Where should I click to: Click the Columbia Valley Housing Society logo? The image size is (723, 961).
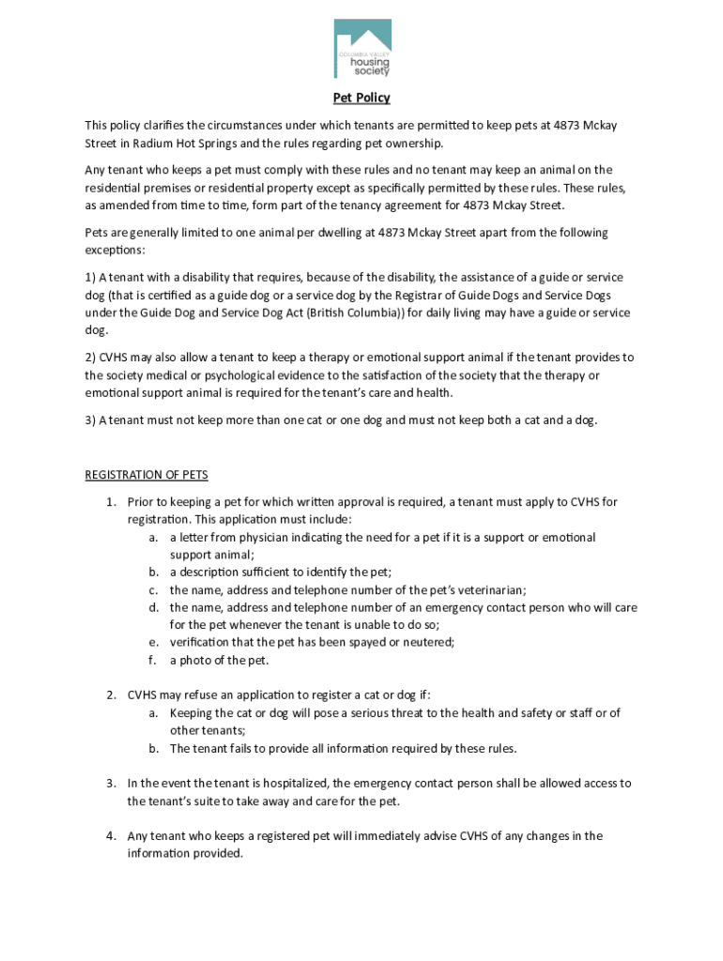tap(362, 49)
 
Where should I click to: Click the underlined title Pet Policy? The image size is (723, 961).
tap(361, 99)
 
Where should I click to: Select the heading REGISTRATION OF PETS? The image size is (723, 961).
tap(146, 475)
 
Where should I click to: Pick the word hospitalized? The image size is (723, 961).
tap(282, 784)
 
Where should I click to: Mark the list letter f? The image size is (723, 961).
tap(152, 661)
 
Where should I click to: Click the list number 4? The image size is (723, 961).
tap(110, 836)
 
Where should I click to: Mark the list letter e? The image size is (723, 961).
tap(152, 643)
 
